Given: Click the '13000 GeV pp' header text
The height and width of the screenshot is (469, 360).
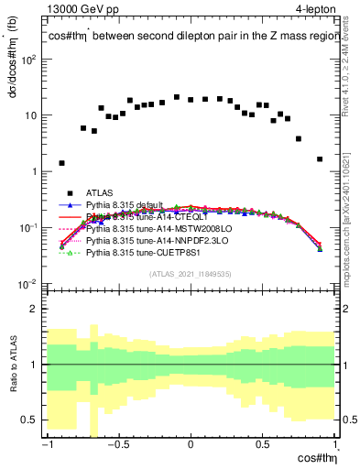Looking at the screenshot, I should (83, 9).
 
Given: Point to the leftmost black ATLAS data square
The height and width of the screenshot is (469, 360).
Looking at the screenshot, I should (61, 163).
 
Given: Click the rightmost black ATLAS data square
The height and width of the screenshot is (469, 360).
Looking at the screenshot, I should (320, 158).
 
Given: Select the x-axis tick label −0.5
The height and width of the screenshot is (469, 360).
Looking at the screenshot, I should (115, 444).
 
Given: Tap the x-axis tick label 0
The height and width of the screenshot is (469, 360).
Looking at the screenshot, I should (191, 444).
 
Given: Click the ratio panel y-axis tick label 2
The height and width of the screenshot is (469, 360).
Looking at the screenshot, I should (37, 309).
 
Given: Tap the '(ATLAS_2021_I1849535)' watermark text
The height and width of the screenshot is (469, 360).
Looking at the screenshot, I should (191, 273).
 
